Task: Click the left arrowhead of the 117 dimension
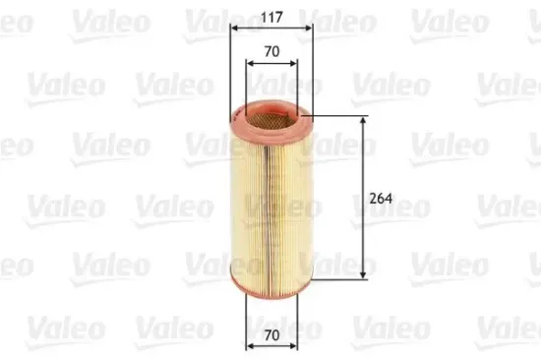(x=233, y=28)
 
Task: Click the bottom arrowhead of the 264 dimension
(x=365, y=274)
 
